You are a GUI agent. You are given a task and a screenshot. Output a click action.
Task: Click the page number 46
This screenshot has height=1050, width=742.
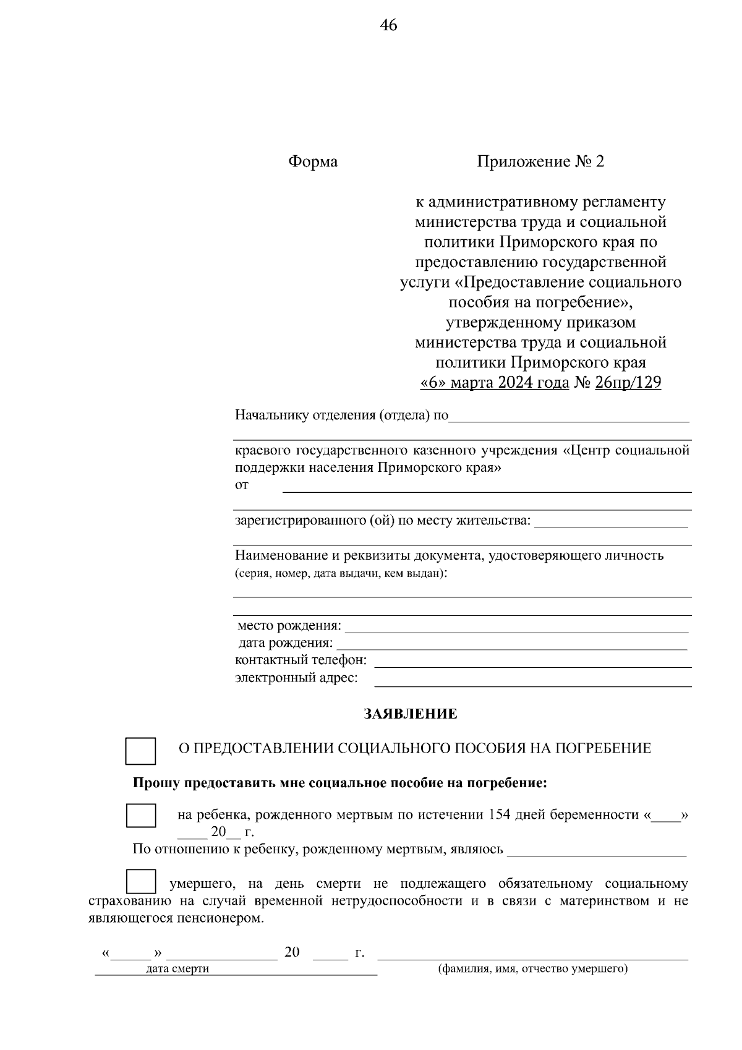coord(388,25)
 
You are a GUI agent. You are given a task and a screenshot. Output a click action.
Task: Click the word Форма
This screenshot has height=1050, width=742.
coord(313,162)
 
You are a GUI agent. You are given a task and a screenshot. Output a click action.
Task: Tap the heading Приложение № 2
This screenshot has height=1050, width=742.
coord(540,162)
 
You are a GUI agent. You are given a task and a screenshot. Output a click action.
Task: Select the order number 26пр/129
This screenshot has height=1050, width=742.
coord(628,383)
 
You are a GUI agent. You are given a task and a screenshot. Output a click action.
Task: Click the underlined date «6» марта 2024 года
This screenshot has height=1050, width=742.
coord(494,383)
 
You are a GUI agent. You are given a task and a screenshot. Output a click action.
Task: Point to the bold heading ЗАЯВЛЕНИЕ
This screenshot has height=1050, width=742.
coord(411,714)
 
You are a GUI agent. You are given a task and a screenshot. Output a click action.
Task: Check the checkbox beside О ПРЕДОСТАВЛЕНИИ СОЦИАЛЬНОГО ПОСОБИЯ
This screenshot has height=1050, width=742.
coord(140,751)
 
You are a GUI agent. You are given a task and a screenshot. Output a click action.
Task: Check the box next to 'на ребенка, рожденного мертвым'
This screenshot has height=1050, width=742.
coord(140,815)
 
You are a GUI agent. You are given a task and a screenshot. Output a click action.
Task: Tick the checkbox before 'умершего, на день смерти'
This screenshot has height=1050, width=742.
coord(140,882)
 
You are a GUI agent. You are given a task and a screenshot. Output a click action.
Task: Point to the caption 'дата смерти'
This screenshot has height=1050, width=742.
coord(177,969)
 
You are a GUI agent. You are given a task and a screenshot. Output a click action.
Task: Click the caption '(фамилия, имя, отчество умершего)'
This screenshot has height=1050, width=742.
coord(532,968)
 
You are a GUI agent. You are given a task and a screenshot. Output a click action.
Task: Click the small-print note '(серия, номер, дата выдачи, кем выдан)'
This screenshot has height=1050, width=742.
coord(341,573)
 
